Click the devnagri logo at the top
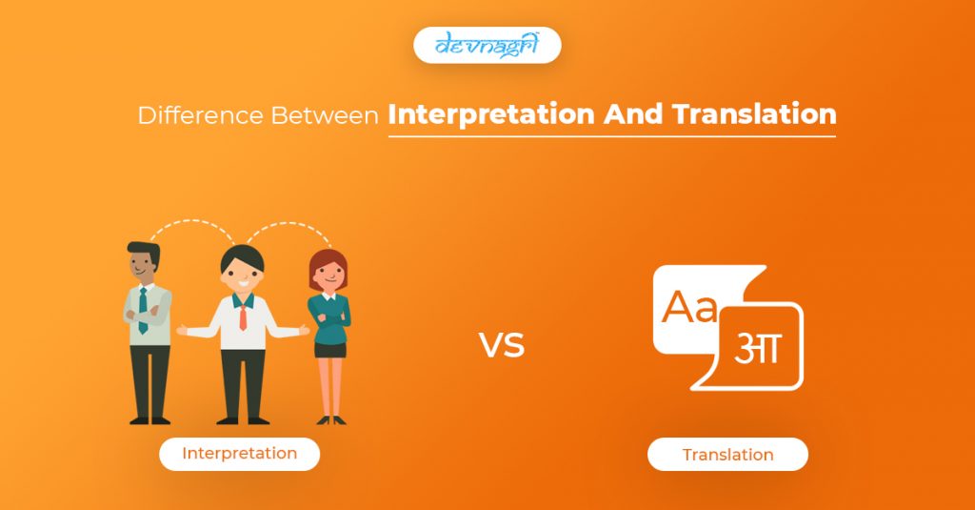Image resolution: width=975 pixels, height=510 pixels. pos(487,45)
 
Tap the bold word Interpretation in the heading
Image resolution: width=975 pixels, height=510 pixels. pos(491,115)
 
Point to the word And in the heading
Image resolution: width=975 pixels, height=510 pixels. pos(633,114)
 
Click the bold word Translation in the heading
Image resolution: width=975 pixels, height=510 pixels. pos(754,114)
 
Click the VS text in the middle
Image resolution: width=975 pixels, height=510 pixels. pos(502,344)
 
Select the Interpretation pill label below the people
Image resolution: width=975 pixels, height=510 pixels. pos(239,454)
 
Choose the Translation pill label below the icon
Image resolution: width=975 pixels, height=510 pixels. pos(727,455)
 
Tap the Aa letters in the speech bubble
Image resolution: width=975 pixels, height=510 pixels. pos(689,306)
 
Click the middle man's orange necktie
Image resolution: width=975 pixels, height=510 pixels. pos(242,314)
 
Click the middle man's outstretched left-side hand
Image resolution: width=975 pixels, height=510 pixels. pos(182,331)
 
